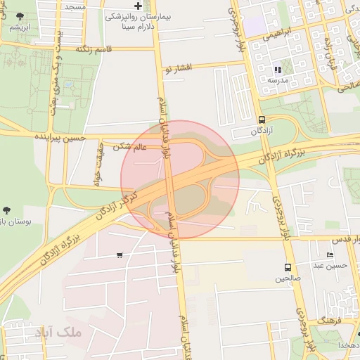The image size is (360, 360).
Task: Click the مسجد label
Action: pos(75,6)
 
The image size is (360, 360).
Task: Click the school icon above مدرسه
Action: pos(278,70)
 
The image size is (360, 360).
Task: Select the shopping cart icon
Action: pos(120,255)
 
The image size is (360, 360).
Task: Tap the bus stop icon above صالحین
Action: pos(288,267)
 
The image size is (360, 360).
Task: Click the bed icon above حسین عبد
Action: pos(330,255)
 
